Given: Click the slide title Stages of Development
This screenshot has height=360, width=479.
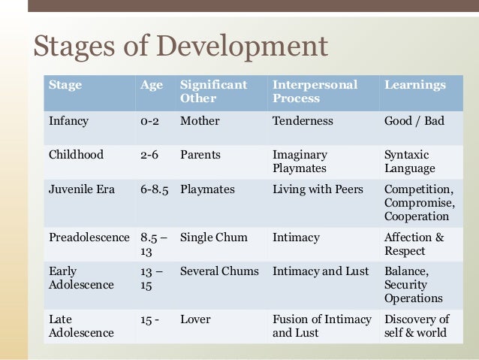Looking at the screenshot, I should [181, 47].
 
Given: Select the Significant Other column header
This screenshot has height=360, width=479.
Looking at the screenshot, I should [213, 92].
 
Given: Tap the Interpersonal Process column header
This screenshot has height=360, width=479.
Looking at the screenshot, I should [315, 92].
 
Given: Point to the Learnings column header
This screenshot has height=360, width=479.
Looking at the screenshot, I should [414, 85].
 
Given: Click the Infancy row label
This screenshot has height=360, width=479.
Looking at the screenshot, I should [69, 120].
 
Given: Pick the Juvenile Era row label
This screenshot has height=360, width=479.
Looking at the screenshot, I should [82, 189].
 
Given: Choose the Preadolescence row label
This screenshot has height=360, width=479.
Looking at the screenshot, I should [89, 237].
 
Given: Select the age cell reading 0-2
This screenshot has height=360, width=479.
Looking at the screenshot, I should [149, 120].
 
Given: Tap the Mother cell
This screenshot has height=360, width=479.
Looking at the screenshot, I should [200, 120].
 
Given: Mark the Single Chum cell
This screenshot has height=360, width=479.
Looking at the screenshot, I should [213, 237].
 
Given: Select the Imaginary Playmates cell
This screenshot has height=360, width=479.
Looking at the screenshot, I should [300, 162].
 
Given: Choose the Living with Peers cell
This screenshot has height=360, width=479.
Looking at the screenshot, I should [318, 189].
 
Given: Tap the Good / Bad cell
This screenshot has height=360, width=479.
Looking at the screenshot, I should [414, 120].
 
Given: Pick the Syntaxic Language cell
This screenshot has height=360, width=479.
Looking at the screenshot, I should [409, 162].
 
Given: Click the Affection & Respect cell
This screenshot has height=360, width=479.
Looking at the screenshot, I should [414, 244].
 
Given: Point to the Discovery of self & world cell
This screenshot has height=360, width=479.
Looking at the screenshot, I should [417, 325].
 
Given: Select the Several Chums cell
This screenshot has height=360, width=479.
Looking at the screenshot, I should [219, 271].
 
